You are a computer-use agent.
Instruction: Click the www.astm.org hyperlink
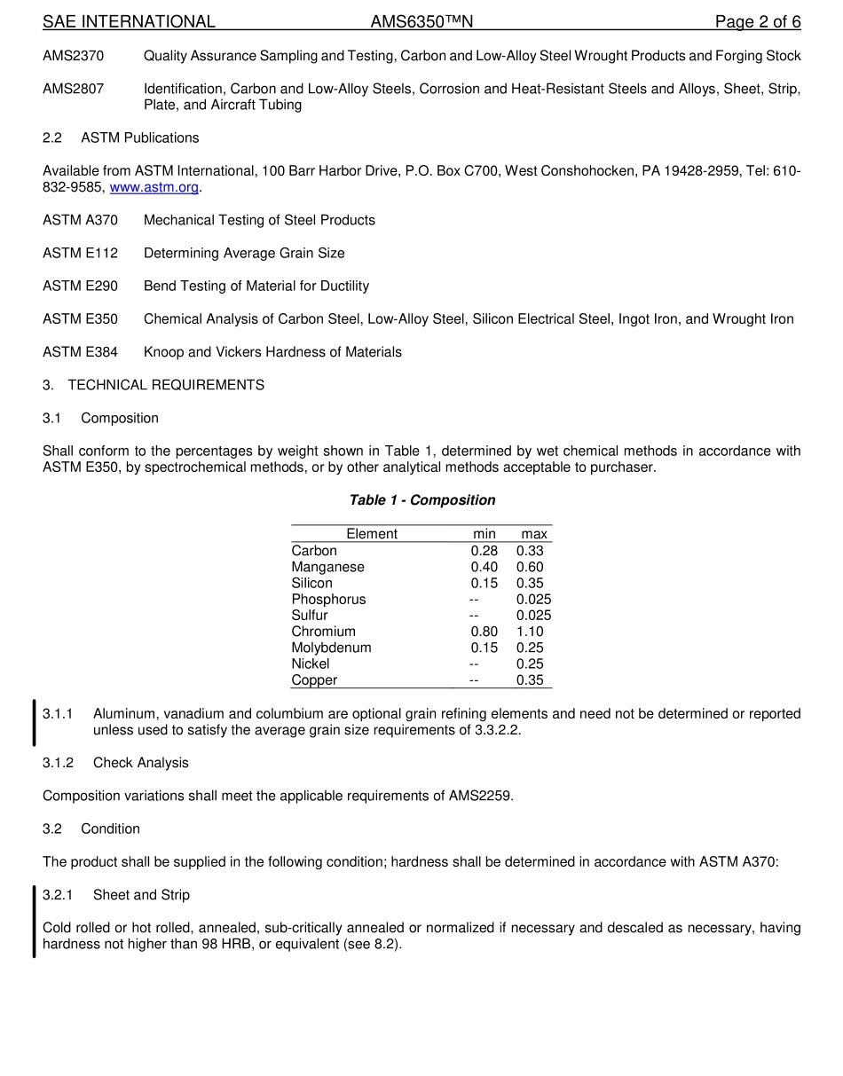(154, 187)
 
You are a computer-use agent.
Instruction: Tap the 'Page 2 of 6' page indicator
(757, 22)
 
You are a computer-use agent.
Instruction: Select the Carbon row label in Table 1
(314, 551)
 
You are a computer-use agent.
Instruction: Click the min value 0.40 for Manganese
(485, 567)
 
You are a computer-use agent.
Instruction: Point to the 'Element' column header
(372, 534)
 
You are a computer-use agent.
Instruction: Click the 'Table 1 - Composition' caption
(422, 500)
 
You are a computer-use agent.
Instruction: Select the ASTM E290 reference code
(80, 286)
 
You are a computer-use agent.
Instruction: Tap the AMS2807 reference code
(73, 89)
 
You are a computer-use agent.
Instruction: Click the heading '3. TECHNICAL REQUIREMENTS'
(154, 385)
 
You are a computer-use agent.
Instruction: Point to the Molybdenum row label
(331, 648)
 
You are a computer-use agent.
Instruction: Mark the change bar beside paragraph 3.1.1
(35, 722)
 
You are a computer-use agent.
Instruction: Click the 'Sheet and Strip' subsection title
(141, 895)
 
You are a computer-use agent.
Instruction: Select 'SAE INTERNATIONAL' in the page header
(129, 22)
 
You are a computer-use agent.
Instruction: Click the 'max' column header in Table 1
(534, 534)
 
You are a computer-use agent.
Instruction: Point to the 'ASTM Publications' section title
(139, 137)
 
